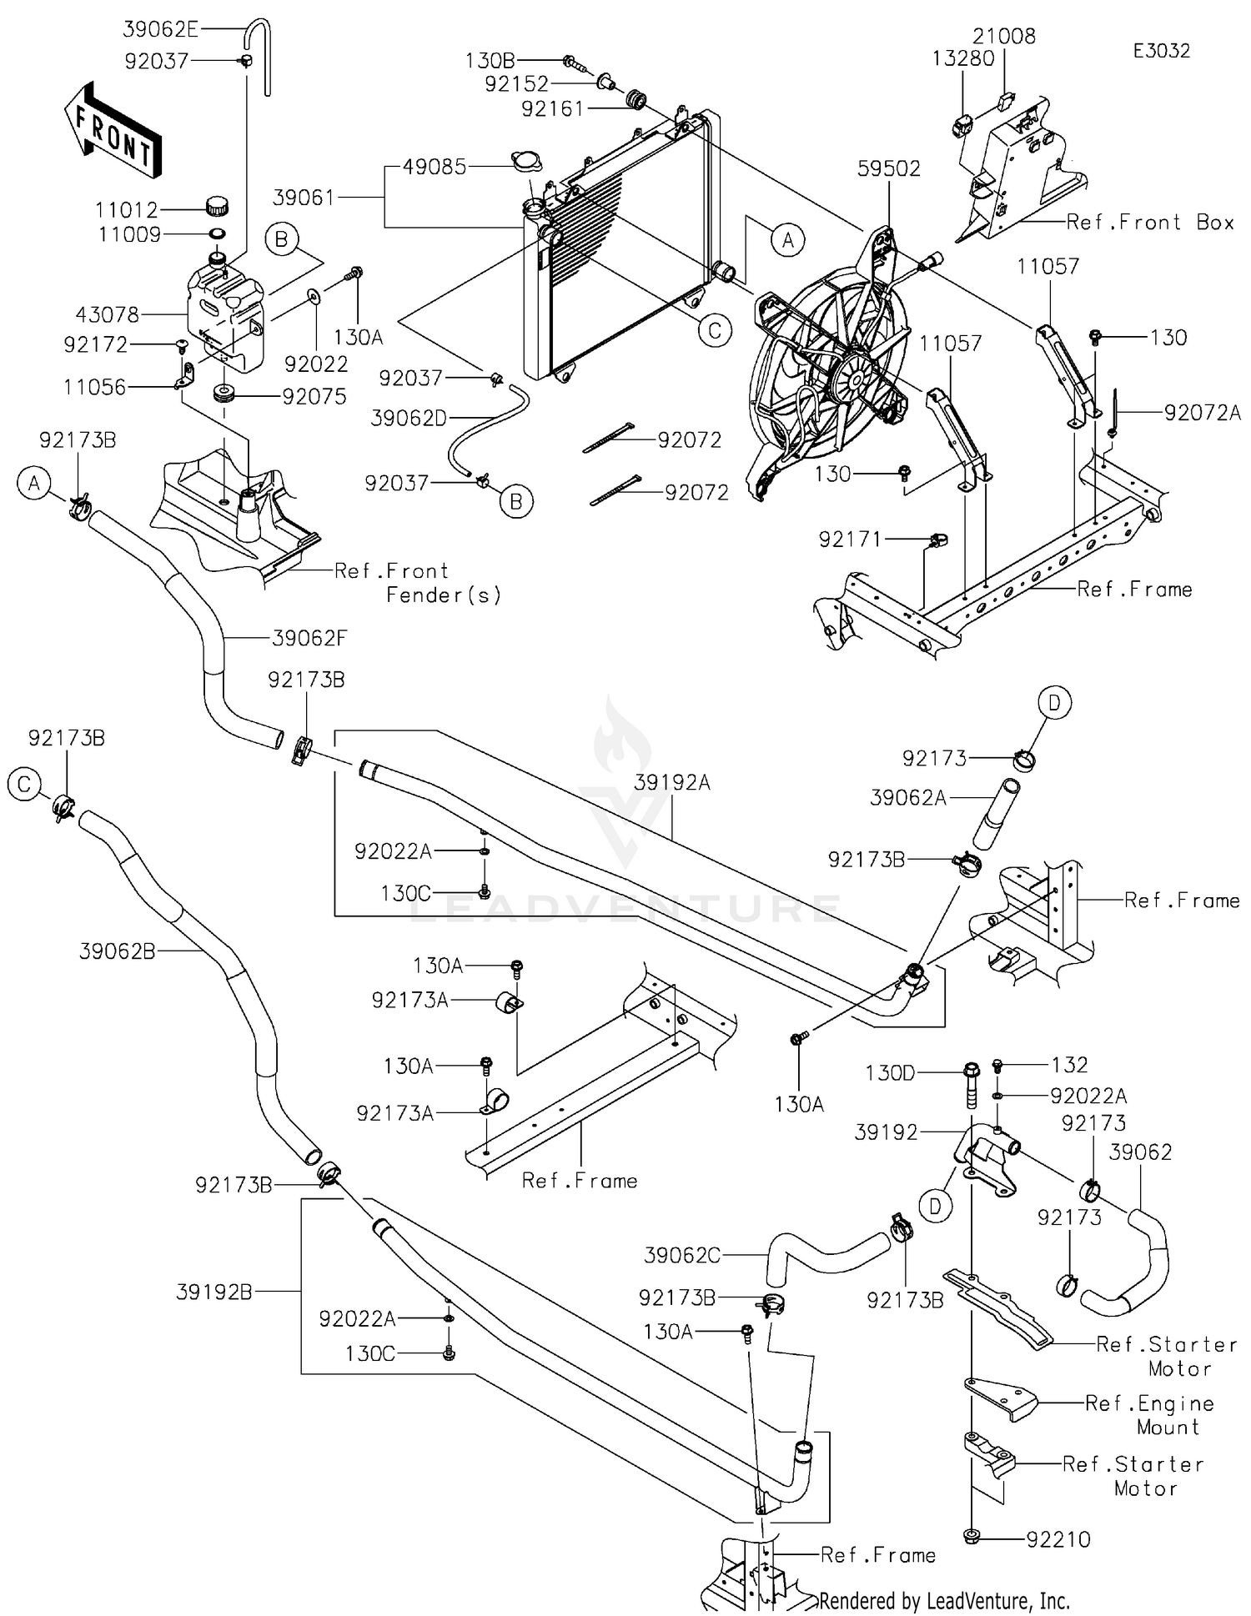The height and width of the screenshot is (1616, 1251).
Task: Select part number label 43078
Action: pos(107,314)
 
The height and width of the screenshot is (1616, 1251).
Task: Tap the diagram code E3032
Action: pos(1161,51)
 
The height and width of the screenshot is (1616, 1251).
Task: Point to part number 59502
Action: pos(889,168)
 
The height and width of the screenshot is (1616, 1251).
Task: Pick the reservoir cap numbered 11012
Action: pos(217,204)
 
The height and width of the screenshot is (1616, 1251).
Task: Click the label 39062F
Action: pos(309,639)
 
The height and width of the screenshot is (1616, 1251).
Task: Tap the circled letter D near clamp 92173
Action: pos(1054,704)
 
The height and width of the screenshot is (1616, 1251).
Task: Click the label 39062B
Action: pos(118,951)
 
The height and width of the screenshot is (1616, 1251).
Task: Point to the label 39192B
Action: pos(214,1292)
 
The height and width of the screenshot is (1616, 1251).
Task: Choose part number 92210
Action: pos(1058,1539)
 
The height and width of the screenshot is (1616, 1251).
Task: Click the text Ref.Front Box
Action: pos(1150,222)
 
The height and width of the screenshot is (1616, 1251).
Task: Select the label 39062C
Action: pos(682,1255)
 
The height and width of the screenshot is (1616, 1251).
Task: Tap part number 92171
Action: pos(850,540)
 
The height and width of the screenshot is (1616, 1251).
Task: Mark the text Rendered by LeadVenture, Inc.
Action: pos(944,1601)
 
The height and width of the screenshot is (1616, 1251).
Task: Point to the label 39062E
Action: pos(161,29)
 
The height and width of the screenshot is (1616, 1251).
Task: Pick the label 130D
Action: pos(890,1072)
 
